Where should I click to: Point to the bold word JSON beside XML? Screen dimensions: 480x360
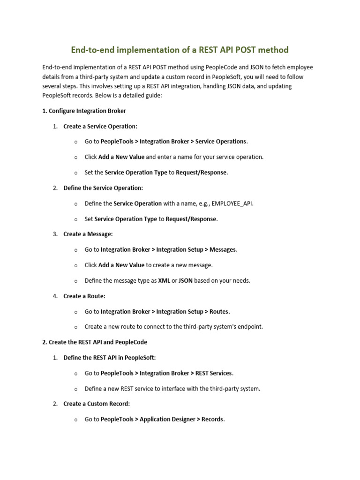click(x=186, y=280)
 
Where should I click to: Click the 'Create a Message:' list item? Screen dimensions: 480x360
click(x=88, y=234)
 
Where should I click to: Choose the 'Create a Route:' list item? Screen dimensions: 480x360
click(x=84, y=296)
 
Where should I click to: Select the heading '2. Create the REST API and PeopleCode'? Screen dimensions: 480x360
click(x=95, y=342)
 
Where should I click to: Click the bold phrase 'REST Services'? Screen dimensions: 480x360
click(x=213, y=373)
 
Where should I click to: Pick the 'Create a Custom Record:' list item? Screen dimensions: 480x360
click(x=97, y=404)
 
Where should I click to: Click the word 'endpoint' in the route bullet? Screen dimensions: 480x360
click(x=250, y=327)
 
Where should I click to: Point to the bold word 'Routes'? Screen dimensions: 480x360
click(x=219, y=311)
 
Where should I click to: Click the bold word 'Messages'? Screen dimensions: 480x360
click(x=223, y=249)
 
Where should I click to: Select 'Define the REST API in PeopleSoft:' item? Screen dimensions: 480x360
click(x=110, y=358)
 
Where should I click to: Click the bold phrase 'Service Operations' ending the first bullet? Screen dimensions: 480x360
click(x=220, y=142)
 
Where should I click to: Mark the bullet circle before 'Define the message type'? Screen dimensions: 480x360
click(x=75, y=281)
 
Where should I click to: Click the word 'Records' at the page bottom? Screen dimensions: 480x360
click(x=212, y=419)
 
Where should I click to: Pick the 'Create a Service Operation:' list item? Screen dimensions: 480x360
click(x=100, y=126)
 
